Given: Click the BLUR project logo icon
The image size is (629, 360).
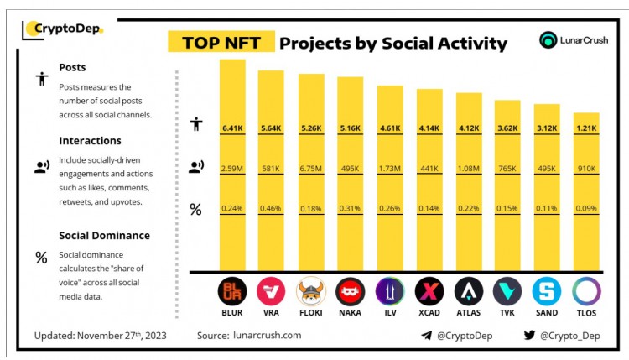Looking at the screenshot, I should pos(232,291).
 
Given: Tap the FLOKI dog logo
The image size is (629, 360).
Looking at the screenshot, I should pos(311,291).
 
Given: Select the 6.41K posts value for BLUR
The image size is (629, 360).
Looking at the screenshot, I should pos(232,128).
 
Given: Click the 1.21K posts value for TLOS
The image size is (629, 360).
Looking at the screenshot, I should pos(586,128).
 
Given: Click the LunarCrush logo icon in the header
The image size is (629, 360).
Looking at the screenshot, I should pos(549,39).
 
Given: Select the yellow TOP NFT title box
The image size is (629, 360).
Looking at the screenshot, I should pos(221,43).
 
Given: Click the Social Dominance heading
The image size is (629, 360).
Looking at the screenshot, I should pos(104,235).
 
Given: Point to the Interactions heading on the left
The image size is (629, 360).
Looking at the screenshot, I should pos(90,140).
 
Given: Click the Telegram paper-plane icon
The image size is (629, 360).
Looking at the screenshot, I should pos(426,336).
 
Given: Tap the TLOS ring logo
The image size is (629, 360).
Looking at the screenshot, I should pos(586,291).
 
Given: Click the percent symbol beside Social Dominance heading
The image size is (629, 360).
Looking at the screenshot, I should pos(40,258).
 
